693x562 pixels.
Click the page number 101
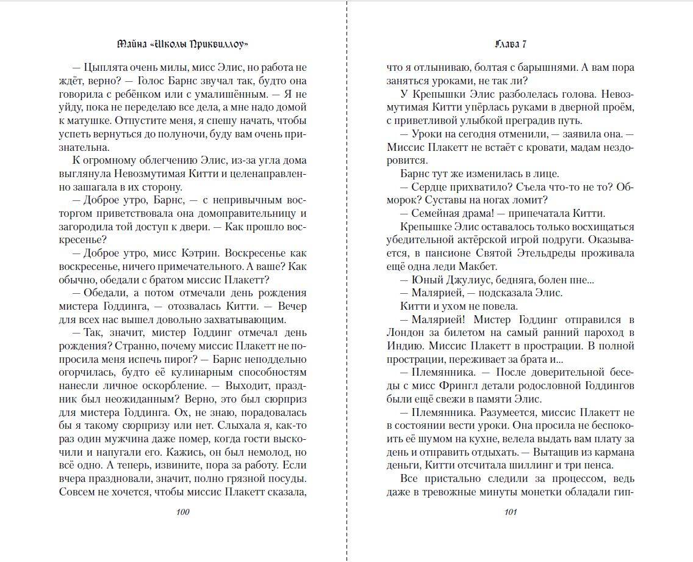tap(510, 512)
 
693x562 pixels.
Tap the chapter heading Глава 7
tap(511, 44)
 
